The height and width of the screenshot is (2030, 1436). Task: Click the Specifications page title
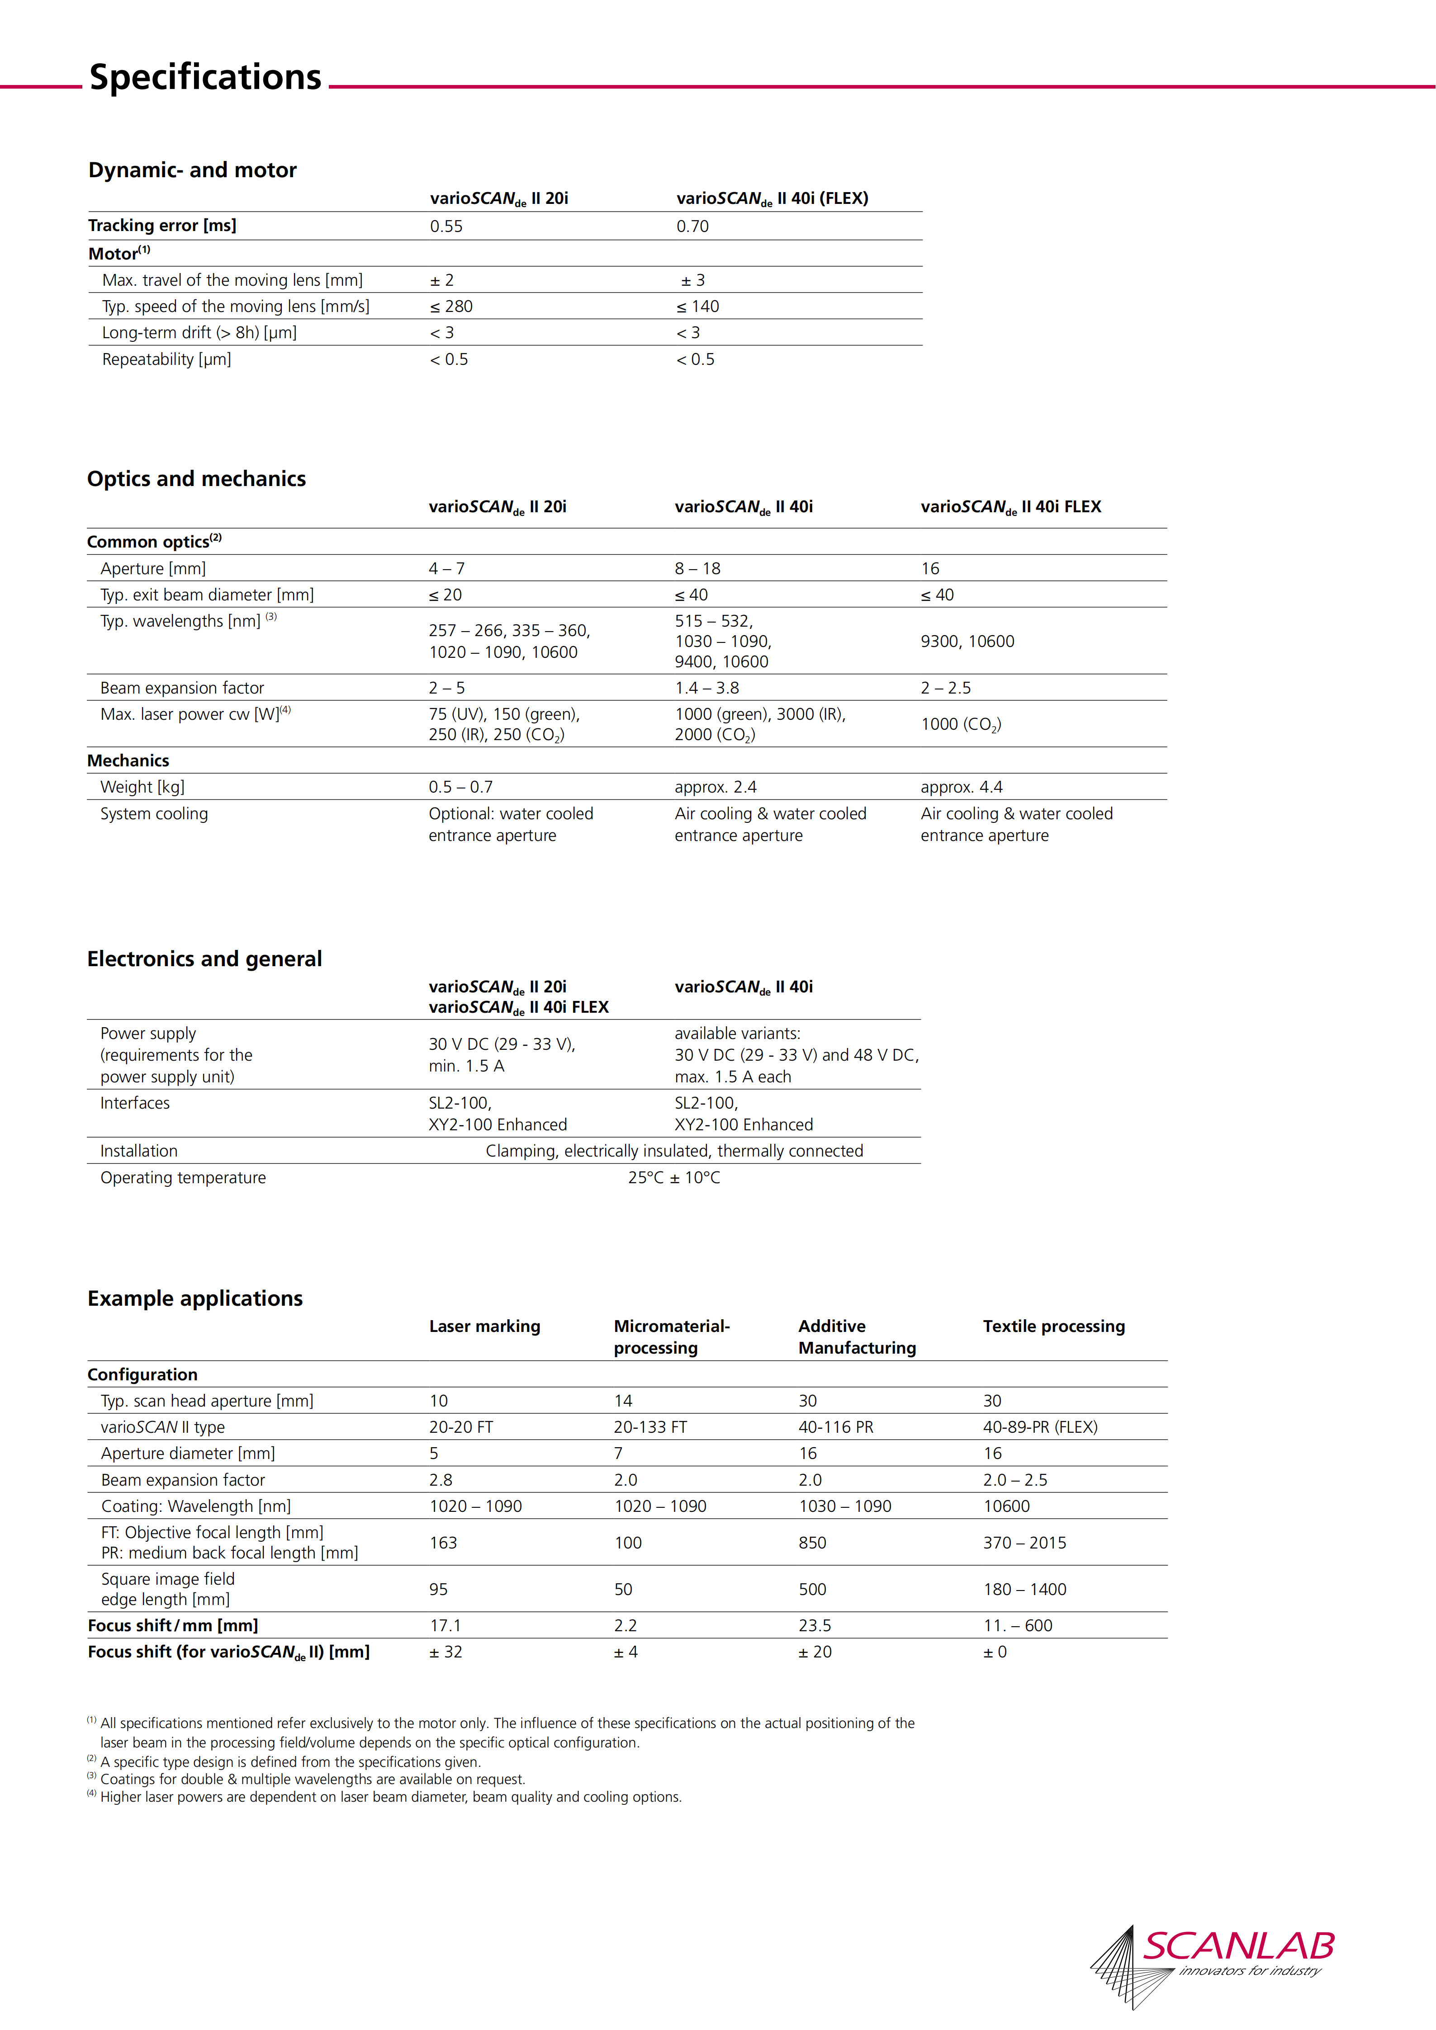205,78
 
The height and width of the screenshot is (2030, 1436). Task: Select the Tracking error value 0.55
446,227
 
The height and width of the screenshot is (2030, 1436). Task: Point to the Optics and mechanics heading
196,479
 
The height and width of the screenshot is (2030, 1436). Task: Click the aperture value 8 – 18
698,568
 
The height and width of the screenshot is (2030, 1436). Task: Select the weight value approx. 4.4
961,787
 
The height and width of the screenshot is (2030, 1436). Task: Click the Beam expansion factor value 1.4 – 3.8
706,688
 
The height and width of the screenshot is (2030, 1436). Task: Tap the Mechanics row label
128,760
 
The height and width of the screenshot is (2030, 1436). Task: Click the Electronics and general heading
204,959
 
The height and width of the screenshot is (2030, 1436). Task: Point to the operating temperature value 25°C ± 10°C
674,1178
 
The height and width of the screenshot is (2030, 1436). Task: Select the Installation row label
139,1151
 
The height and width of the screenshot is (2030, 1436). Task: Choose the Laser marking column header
484,1326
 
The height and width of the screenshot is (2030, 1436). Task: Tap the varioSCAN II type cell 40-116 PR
836,1427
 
